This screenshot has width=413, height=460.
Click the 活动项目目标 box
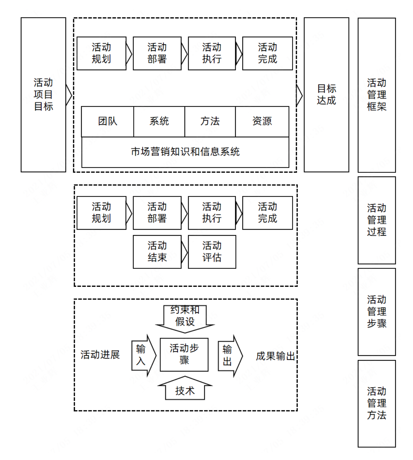click(43, 95)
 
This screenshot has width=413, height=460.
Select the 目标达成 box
click(326, 95)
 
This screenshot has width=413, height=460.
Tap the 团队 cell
click(108, 121)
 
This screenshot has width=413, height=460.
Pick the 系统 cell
click(159, 121)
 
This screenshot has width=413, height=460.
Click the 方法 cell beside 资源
click(210, 121)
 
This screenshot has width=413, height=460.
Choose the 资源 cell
click(262, 121)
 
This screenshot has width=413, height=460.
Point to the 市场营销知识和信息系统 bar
click(185, 152)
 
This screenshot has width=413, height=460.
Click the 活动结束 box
click(157, 252)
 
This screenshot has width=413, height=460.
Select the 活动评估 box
click(212, 252)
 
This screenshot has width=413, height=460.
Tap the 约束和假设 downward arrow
click(185, 319)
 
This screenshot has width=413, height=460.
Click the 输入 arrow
click(144, 356)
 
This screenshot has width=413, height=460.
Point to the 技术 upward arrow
click(185, 388)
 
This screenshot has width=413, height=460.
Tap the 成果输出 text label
click(276, 356)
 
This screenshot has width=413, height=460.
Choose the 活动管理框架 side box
click(377, 95)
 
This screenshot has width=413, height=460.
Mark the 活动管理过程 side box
click(377, 220)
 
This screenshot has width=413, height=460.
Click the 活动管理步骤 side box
click(377, 312)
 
